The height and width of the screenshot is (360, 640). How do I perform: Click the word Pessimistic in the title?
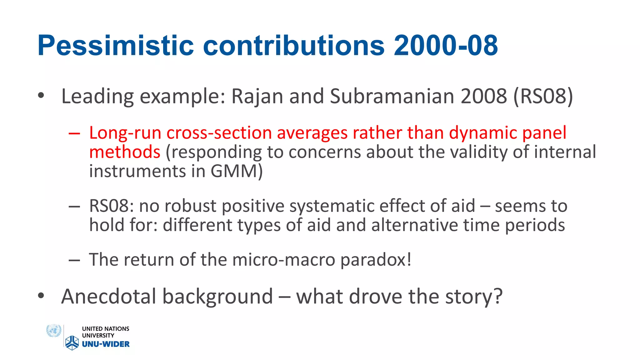pyautogui.click(x=116, y=46)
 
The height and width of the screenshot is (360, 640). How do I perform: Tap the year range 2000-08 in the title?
pyautogui.click(x=446, y=46)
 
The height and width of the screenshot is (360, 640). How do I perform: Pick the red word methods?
pyautogui.click(x=125, y=152)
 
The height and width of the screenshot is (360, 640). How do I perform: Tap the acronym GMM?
pyautogui.click(x=236, y=171)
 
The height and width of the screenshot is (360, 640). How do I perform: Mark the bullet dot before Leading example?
pyautogui.click(x=41, y=96)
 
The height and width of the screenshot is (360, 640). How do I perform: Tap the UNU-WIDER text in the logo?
pyautogui.click(x=106, y=344)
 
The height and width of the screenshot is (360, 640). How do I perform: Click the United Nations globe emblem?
pyautogui.click(x=53, y=331)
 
